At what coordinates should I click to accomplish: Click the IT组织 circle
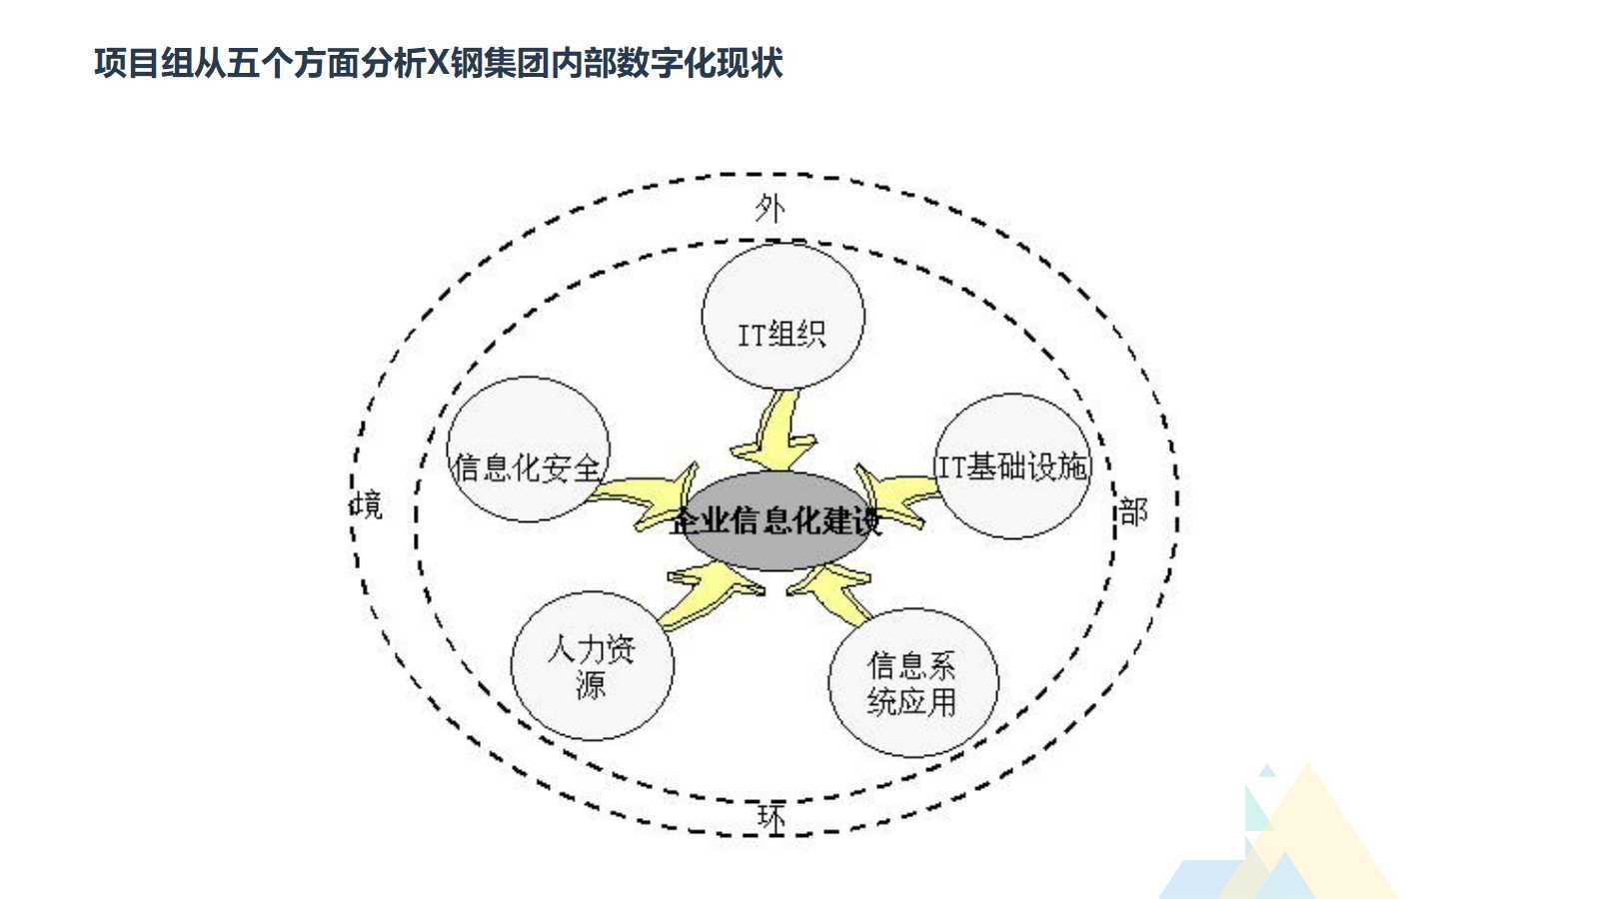coord(783,316)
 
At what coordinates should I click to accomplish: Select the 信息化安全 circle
coord(528,449)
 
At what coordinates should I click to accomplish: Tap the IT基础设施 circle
coord(1012,466)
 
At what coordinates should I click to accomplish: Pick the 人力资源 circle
coord(592,666)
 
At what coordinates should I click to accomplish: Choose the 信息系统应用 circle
coord(912,683)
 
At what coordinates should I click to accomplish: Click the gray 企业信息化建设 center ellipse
coord(775,521)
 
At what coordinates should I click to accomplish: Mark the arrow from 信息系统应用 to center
coord(832,589)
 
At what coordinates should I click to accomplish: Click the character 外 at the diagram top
coord(770,209)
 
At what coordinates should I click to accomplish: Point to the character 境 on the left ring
coord(367,504)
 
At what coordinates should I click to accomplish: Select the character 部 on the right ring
coord(1132,512)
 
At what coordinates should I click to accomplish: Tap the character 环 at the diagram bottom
coord(772,818)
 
